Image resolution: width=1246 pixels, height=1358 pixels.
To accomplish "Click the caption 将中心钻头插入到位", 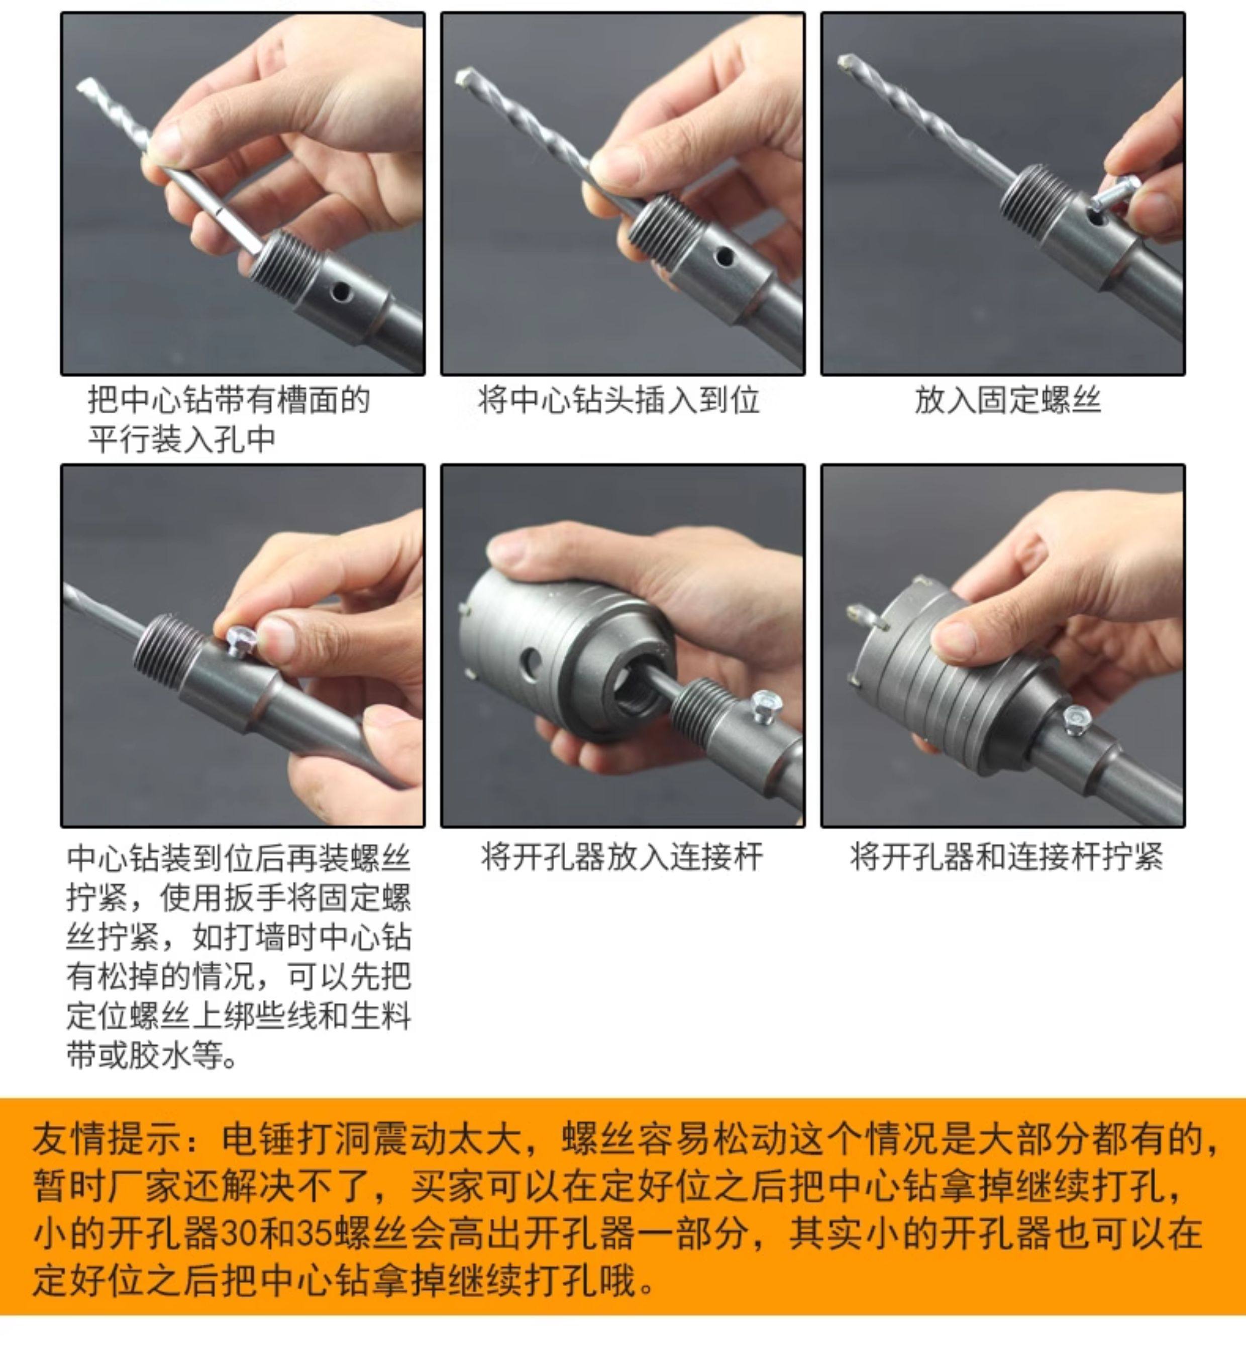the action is [619, 400].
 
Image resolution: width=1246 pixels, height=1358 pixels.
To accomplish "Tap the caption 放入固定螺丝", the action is [1007, 400].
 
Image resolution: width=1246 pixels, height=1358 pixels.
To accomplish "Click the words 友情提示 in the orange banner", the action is [106, 1139].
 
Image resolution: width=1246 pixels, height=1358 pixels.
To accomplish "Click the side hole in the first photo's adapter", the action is [341, 291].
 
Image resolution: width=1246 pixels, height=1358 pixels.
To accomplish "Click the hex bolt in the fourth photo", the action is [239, 637].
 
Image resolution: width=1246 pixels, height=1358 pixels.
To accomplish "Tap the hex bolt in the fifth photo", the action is [767, 705].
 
